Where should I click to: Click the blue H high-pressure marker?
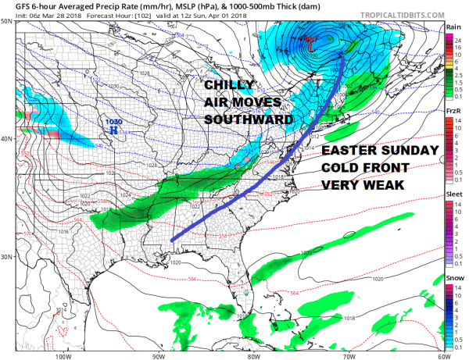(114, 132)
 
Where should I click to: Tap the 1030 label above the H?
(114, 122)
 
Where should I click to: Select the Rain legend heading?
(453, 27)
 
